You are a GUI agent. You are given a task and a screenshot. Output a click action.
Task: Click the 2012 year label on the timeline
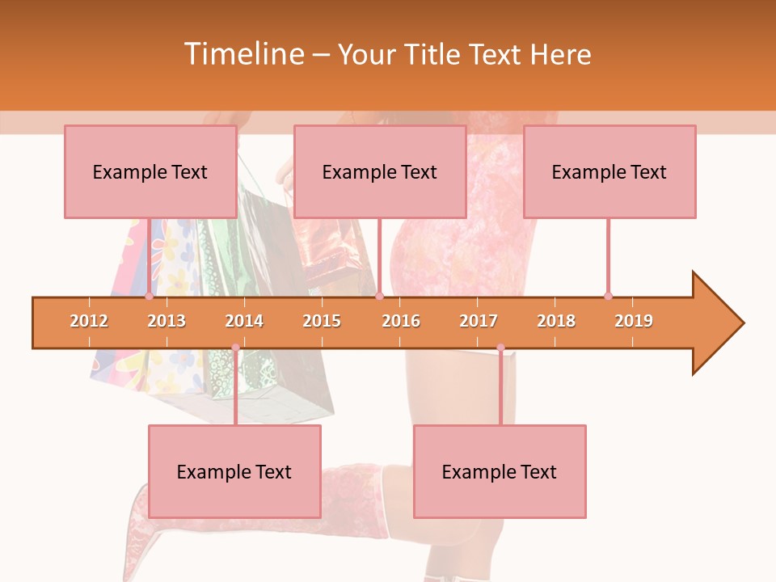pos(89,321)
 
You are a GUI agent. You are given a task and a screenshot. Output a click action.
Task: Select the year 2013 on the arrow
pos(167,321)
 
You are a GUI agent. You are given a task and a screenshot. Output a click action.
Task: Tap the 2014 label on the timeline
pos(244,321)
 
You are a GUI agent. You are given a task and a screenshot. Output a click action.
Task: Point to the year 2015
pos(322,321)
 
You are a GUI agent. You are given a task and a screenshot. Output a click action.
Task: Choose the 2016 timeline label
pos(401,321)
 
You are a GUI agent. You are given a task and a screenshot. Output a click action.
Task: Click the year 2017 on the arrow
pos(479,321)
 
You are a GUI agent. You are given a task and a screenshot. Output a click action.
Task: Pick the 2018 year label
pos(556,321)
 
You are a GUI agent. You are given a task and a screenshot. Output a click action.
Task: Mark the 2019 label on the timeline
pos(634,321)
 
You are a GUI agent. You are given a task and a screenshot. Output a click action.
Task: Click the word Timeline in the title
pos(244,54)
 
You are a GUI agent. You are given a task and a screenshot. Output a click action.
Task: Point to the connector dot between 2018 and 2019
pos(608,296)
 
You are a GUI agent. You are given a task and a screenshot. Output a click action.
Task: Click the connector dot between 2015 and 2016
pos(379,296)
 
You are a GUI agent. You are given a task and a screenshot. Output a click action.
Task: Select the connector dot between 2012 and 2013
pos(149,296)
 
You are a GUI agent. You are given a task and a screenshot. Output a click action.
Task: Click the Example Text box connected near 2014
pos(234,471)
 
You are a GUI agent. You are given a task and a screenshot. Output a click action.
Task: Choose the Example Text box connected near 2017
pos(500,471)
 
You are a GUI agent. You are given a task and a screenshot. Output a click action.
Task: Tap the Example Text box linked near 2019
pos(609,171)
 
